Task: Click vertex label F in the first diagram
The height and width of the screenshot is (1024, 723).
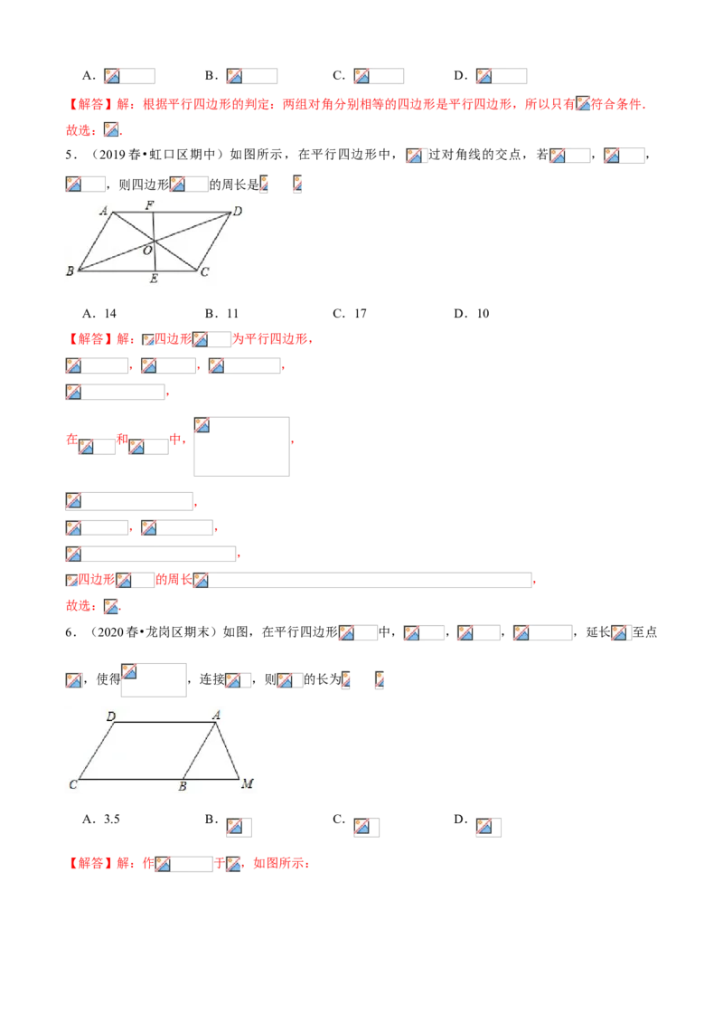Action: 150,205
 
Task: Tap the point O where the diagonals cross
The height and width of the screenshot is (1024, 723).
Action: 154,242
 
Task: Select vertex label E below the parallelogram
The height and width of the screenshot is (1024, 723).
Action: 154,279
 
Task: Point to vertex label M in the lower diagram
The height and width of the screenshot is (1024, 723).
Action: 248,783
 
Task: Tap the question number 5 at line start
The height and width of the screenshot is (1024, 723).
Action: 70,155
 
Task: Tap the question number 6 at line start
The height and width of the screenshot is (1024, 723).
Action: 70,632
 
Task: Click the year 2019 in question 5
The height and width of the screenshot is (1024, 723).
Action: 114,155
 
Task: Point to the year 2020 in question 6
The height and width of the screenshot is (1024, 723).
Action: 111,632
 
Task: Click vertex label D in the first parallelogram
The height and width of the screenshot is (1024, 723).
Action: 238,211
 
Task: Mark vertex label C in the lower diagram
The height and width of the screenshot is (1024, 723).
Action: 73,784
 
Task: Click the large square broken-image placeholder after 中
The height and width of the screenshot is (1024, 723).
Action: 241,447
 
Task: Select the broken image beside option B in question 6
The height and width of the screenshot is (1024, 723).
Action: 239,828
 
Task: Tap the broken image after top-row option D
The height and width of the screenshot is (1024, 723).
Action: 502,76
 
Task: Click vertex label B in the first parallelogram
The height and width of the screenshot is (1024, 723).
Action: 70,271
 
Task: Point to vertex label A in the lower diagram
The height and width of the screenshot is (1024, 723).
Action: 217,716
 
